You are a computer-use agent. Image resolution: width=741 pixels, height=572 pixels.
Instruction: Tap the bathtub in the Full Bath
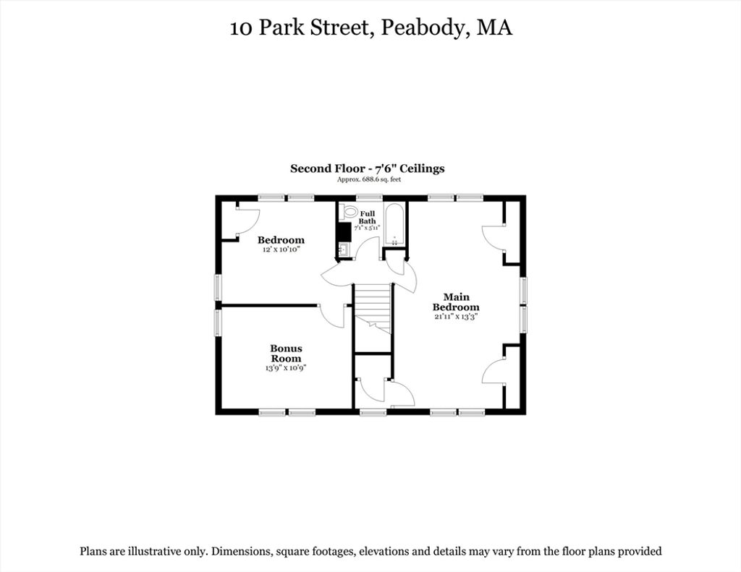click(x=394, y=225)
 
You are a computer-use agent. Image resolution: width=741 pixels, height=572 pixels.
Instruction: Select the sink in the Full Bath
click(x=344, y=249)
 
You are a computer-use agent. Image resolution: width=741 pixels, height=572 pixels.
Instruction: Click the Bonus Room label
click(x=286, y=354)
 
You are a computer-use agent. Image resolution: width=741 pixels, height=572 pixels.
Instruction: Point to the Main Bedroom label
click(x=456, y=302)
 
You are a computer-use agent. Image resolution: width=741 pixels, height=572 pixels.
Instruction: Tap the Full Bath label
click(x=367, y=217)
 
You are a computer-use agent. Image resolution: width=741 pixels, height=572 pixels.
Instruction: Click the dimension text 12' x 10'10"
click(x=281, y=249)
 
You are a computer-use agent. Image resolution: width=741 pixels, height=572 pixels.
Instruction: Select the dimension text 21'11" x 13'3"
click(x=456, y=317)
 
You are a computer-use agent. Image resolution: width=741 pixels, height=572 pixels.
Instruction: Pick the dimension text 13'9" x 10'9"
click(x=287, y=368)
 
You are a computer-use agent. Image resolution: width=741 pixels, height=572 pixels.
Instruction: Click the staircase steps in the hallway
click(x=373, y=307)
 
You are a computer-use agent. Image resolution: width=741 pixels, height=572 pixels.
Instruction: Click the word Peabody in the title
click(x=423, y=27)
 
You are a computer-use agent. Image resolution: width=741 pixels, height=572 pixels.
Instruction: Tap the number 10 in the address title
click(x=241, y=28)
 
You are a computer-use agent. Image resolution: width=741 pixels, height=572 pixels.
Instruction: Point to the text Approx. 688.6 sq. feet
click(x=369, y=179)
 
